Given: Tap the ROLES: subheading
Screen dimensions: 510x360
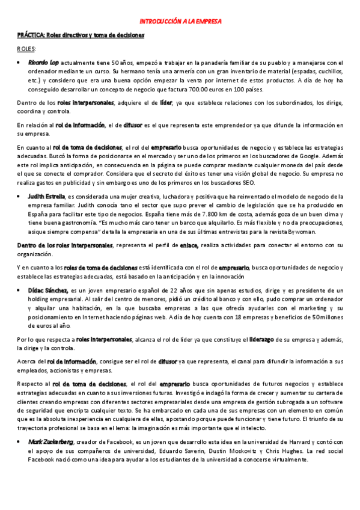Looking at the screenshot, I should coord(26,48).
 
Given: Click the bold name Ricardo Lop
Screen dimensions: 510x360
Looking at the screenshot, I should coord(43,62).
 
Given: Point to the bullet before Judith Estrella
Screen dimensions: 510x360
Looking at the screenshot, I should coord(20,196).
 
